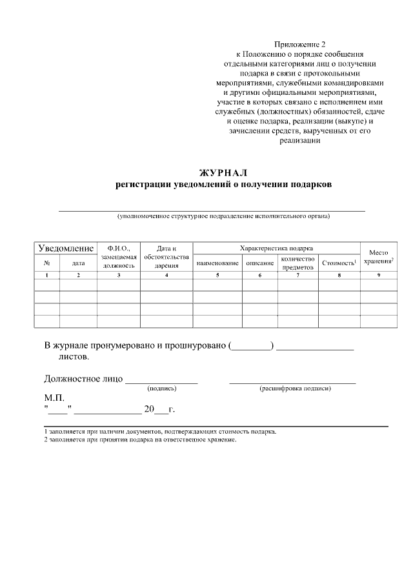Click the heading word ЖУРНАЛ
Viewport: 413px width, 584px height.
point(223,172)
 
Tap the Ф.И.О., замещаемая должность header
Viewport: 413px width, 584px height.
point(119,256)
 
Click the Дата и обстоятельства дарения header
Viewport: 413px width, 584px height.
point(166,256)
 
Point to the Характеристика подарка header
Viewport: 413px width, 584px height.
point(276,248)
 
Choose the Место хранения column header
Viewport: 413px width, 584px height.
point(378,256)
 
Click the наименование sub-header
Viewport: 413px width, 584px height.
point(217,263)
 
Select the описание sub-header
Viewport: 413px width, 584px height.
point(260,263)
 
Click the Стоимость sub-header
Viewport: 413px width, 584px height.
point(339,263)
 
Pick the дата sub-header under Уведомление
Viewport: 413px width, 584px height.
point(78,263)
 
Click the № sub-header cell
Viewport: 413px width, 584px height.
point(47,263)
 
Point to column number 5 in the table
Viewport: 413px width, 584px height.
point(217,276)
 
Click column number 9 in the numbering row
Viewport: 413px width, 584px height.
point(378,276)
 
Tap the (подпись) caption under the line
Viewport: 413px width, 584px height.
point(162,389)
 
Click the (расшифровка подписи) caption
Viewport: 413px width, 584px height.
point(294,389)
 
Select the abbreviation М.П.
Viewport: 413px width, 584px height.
point(54,398)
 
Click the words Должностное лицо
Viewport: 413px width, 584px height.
point(83,378)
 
